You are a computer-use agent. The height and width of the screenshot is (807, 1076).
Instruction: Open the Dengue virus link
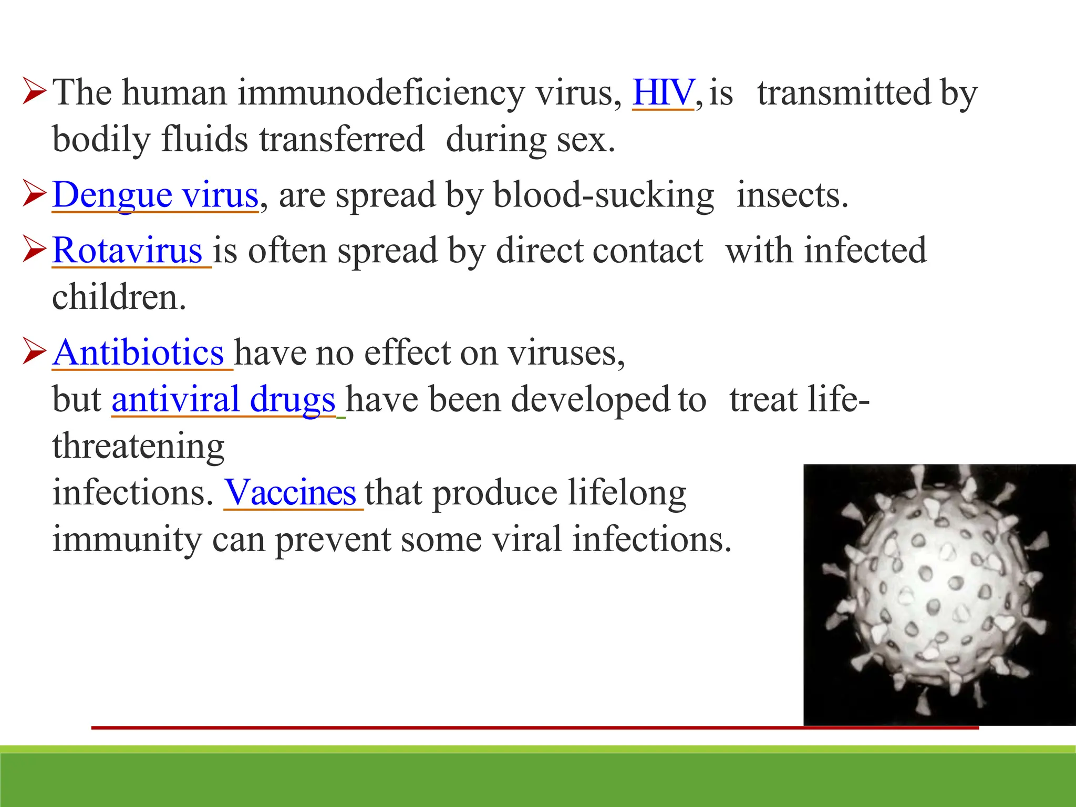[x=156, y=195]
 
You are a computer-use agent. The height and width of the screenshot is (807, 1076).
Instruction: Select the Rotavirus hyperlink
[x=128, y=251]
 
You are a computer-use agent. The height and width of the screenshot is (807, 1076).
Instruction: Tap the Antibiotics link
[x=139, y=353]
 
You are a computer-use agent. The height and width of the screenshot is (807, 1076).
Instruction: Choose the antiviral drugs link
[x=223, y=400]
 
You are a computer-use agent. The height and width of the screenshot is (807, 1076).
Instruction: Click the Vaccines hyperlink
[x=291, y=493]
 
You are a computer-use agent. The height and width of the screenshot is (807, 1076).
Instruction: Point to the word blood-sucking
[x=603, y=195]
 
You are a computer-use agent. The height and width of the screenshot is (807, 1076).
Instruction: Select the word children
[x=119, y=297]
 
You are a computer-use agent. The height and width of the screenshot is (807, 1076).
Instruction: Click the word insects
[x=792, y=195]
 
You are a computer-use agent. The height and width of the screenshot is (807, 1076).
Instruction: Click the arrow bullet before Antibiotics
[x=35, y=351]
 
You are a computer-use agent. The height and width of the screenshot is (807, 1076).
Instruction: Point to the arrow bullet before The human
[x=35, y=91]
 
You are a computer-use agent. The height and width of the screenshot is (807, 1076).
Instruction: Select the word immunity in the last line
[x=127, y=540]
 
